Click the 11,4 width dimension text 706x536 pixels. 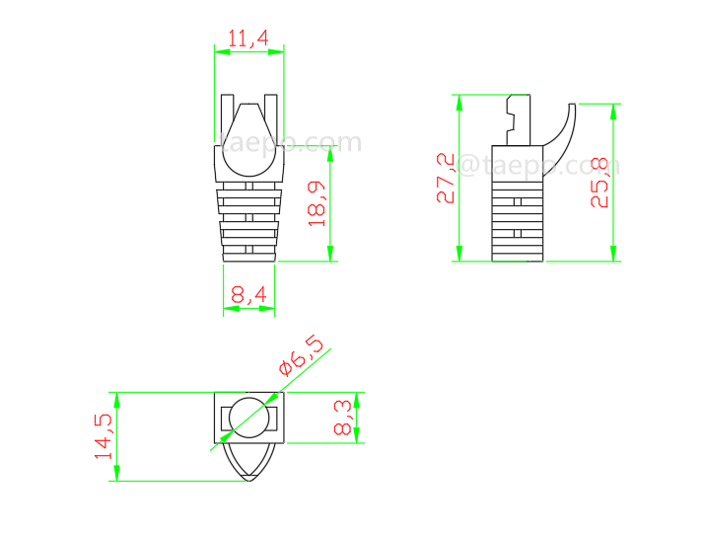248,38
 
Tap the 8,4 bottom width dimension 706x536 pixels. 248,293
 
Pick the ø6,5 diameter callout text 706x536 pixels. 301,355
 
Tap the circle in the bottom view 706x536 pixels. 248,418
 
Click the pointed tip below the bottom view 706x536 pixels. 248,478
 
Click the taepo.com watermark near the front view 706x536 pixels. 292,144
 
